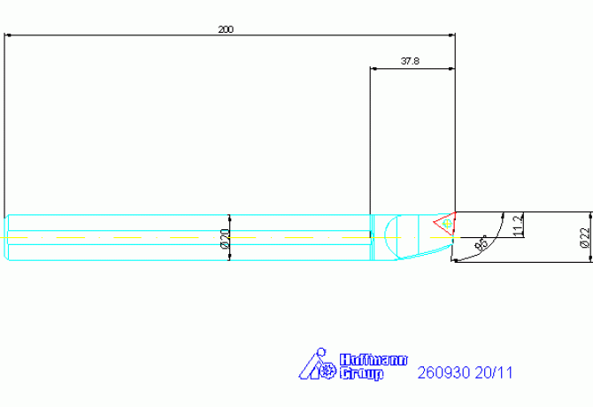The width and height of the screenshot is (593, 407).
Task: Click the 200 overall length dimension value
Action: click(x=226, y=29)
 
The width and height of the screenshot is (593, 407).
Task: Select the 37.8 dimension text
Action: click(x=410, y=61)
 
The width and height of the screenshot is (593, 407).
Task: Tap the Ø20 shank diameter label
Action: click(x=225, y=239)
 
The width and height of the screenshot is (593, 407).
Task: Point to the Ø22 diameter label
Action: click(x=585, y=237)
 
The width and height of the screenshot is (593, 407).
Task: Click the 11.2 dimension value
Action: click(x=519, y=225)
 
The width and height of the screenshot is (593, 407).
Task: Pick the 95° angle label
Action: click(x=481, y=243)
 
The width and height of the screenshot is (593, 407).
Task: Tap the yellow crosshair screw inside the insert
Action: click(x=447, y=224)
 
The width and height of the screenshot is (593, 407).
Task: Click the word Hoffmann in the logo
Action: click(x=374, y=360)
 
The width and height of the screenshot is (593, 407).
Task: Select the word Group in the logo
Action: click(x=361, y=373)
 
